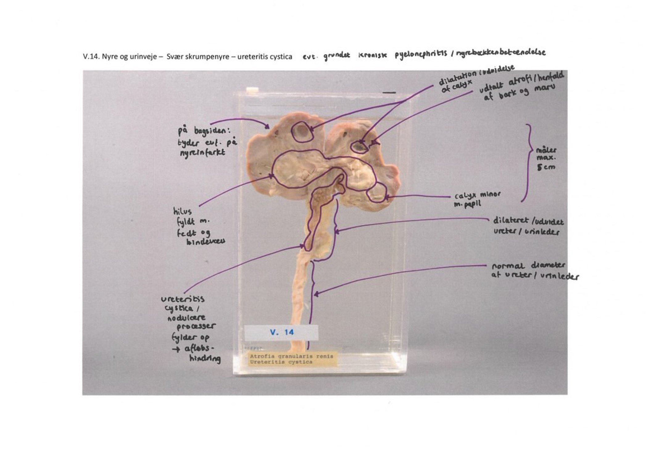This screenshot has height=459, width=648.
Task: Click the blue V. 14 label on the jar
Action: (x=282, y=332)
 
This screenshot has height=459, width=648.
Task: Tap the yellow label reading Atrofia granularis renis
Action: (x=292, y=359)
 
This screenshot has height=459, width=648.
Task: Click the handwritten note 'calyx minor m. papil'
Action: (x=477, y=199)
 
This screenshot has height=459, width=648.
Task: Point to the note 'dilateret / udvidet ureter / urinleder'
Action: (x=528, y=226)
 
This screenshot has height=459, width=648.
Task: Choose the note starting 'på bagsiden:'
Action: (x=207, y=141)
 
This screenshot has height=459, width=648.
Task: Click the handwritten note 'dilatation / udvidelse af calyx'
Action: (x=475, y=78)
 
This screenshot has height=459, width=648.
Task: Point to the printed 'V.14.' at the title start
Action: (x=91, y=57)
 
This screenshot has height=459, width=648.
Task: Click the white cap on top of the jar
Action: (x=252, y=90)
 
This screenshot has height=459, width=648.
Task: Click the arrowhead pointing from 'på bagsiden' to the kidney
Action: (x=267, y=126)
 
